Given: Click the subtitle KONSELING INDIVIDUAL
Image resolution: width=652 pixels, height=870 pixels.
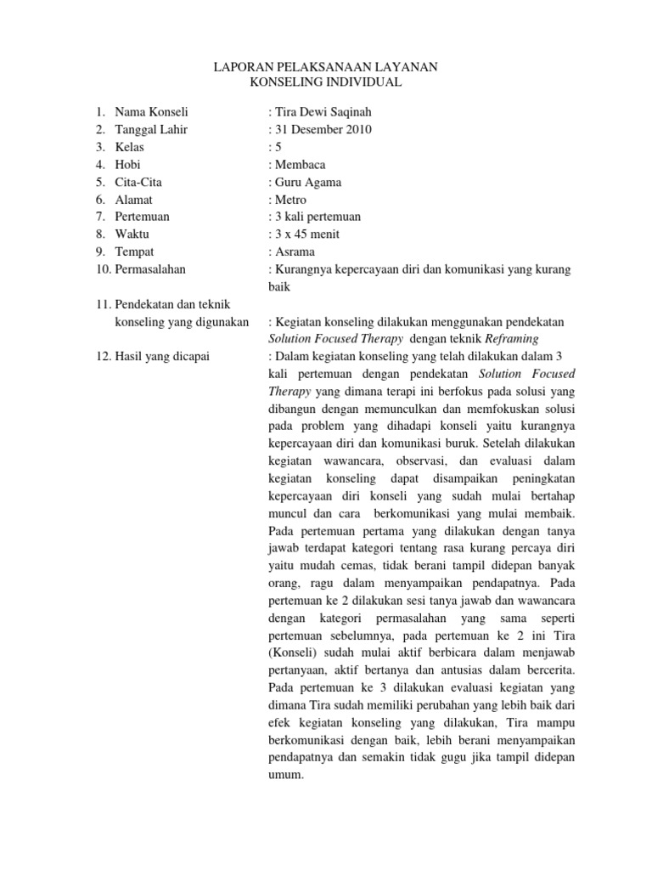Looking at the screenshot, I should pos(326,82).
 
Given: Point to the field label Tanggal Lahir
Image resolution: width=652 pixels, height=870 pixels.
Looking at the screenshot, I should pos(151,129).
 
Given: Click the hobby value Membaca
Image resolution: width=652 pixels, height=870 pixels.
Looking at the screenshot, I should pos(299,164).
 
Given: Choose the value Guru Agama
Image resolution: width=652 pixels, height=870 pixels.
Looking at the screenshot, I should pos(307,182).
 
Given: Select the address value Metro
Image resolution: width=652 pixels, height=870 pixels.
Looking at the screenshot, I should pos(290,199).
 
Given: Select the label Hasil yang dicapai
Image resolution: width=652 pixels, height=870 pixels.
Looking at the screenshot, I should pos(161,355).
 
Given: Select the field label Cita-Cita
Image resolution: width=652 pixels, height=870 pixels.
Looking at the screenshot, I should pos(138,182).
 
